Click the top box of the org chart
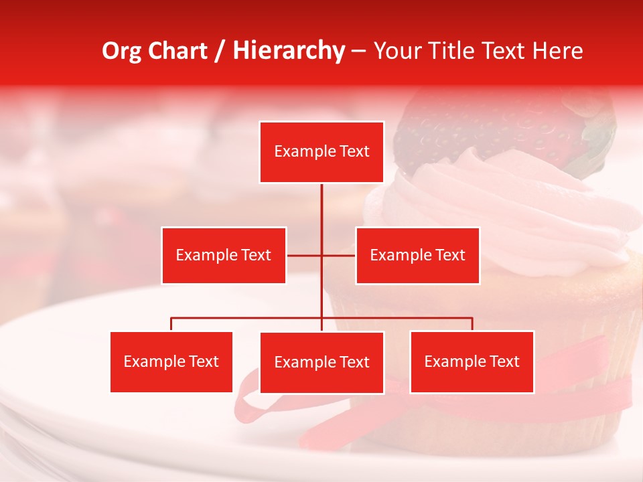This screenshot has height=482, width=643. tap(321, 152)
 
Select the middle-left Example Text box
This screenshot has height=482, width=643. tap(224, 255)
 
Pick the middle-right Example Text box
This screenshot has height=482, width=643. tap(417, 255)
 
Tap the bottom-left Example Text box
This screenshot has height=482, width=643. tap(171, 361)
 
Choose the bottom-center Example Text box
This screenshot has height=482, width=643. tap(321, 362)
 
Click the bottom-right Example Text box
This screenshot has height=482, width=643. tap(472, 361)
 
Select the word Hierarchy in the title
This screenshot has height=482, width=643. tap(288, 51)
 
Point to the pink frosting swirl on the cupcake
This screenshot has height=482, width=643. tap(509, 214)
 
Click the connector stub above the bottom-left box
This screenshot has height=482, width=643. tap(171, 324)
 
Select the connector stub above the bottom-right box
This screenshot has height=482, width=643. tap(472, 324)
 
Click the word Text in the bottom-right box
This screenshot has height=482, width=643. tap(504, 361)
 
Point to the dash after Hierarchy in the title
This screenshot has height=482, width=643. tap(358, 51)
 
